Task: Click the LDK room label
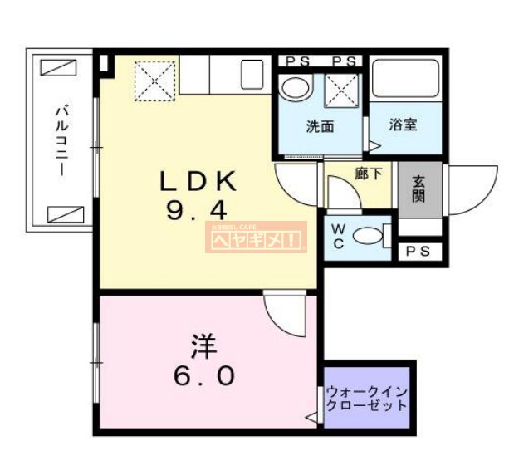199,180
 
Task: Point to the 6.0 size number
203,375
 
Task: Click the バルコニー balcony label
61,138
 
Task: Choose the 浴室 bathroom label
404,125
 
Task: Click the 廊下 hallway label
369,174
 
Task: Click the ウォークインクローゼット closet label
367,399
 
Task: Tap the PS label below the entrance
419,252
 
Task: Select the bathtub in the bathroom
405,79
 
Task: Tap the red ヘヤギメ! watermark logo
256,240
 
